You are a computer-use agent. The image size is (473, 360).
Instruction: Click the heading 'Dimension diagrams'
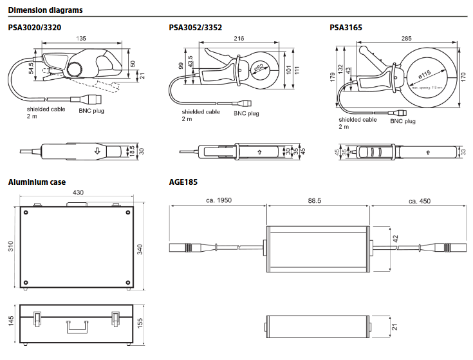coord(44,10)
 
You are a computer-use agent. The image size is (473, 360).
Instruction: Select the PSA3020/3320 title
coord(35,28)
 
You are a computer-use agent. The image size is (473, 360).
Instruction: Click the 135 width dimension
coord(82,39)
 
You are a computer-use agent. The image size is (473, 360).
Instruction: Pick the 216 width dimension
coord(237,39)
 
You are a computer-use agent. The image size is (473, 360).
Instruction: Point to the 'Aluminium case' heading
coord(37,182)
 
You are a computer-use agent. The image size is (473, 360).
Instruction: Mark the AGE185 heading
coord(183,182)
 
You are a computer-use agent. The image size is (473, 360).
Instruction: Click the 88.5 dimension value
coord(315,200)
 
